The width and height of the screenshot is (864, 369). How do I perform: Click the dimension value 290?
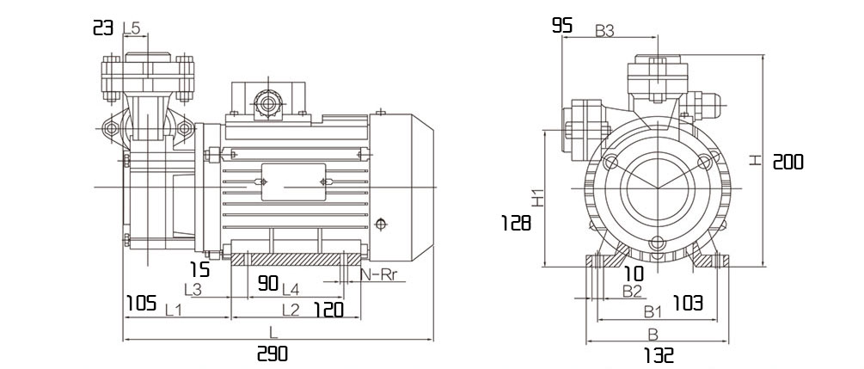(273, 354)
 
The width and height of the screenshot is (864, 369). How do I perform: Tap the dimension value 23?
(103, 28)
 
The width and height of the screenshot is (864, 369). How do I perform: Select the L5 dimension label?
(132, 28)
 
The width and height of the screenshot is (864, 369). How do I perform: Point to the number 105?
(142, 304)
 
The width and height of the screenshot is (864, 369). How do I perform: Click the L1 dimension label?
(174, 310)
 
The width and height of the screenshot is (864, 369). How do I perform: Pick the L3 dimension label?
(193, 288)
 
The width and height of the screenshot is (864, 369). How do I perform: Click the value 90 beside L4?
(268, 284)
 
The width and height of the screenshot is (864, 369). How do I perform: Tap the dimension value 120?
(328, 310)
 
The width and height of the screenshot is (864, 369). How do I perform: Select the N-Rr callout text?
(378, 275)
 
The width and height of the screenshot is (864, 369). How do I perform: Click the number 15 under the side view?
(200, 270)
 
